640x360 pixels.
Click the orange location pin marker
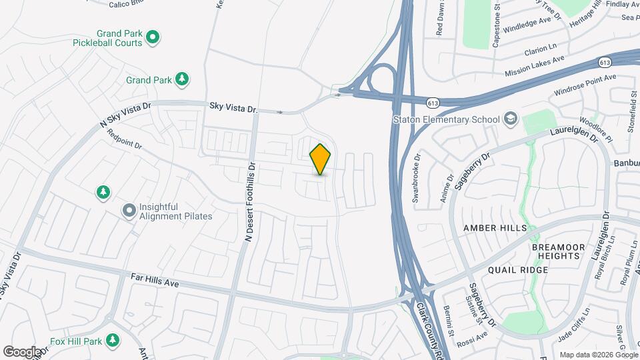320,159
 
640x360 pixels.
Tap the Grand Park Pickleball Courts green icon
152,37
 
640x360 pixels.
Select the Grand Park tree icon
181,80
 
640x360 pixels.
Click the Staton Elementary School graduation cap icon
511,119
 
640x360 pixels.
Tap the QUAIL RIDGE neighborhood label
518,270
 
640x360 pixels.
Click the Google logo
22,351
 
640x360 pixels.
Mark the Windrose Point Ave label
585,83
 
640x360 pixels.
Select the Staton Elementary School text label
445,120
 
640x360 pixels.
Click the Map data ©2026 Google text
598,355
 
